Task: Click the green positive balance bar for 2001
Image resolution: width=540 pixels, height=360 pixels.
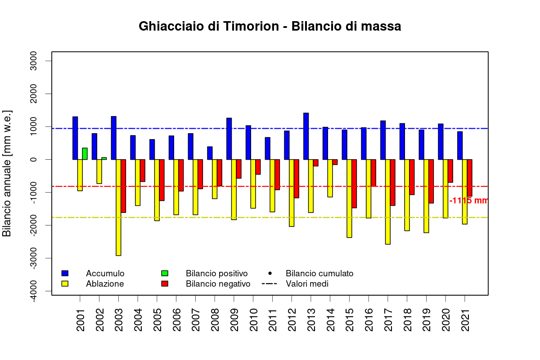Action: pyautogui.click(x=85, y=153)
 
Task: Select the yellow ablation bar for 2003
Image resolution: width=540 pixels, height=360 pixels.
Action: pyautogui.click(x=118, y=207)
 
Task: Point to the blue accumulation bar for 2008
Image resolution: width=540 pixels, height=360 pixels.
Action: pyautogui.click(x=210, y=153)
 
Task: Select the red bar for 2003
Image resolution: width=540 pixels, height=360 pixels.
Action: pyautogui.click(x=123, y=186)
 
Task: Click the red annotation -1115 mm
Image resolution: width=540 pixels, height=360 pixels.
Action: pyautogui.click(x=468, y=201)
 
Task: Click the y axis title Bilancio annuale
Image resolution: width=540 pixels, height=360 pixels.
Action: pyautogui.click(x=7, y=173)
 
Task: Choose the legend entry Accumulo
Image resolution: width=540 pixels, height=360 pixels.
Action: pyautogui.click(x=105, y=273)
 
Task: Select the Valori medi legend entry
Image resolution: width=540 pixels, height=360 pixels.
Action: pyautogui.click(x=307, y=284)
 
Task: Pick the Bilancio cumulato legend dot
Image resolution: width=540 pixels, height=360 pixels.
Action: pyautogui.click(x=270, y=273)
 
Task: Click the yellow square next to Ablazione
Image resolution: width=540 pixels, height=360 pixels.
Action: pyautogui.click(x=65, y=284)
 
